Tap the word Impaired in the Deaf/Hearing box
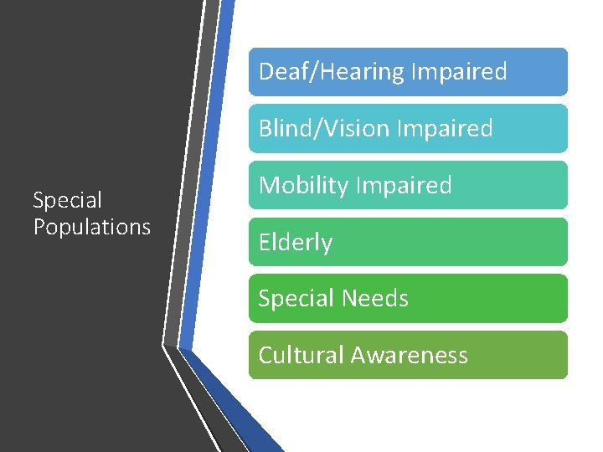[x=457, y=72]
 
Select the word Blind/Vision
[x=324, y=129]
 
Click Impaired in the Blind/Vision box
[x=445, y=129]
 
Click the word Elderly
[x=296, y=243]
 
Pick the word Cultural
[x=301, y=356]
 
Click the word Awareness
[x=410, y=356]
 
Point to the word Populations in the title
[x=92, y=227]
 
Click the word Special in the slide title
[x=67, y=201]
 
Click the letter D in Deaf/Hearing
[x=265, y=72]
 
